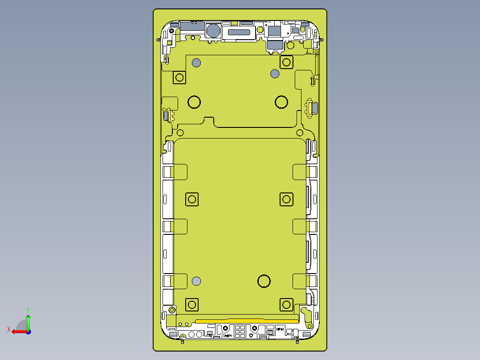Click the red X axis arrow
pos(18,331)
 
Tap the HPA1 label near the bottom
pos(280,329)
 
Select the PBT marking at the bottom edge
pos(228,335)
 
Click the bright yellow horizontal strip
pos(247,320)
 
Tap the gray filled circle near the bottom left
pos(196,281)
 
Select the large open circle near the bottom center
pos(264,281)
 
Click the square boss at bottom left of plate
pos(192,305)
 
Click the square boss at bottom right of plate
pos(286,305)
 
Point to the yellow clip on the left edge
pos(167,114)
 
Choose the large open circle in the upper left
pos(194,102)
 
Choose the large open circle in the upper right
pos(281,102)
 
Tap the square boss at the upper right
pos(286,62)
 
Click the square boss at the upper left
pos(179,78)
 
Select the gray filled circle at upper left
pos(196,62)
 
